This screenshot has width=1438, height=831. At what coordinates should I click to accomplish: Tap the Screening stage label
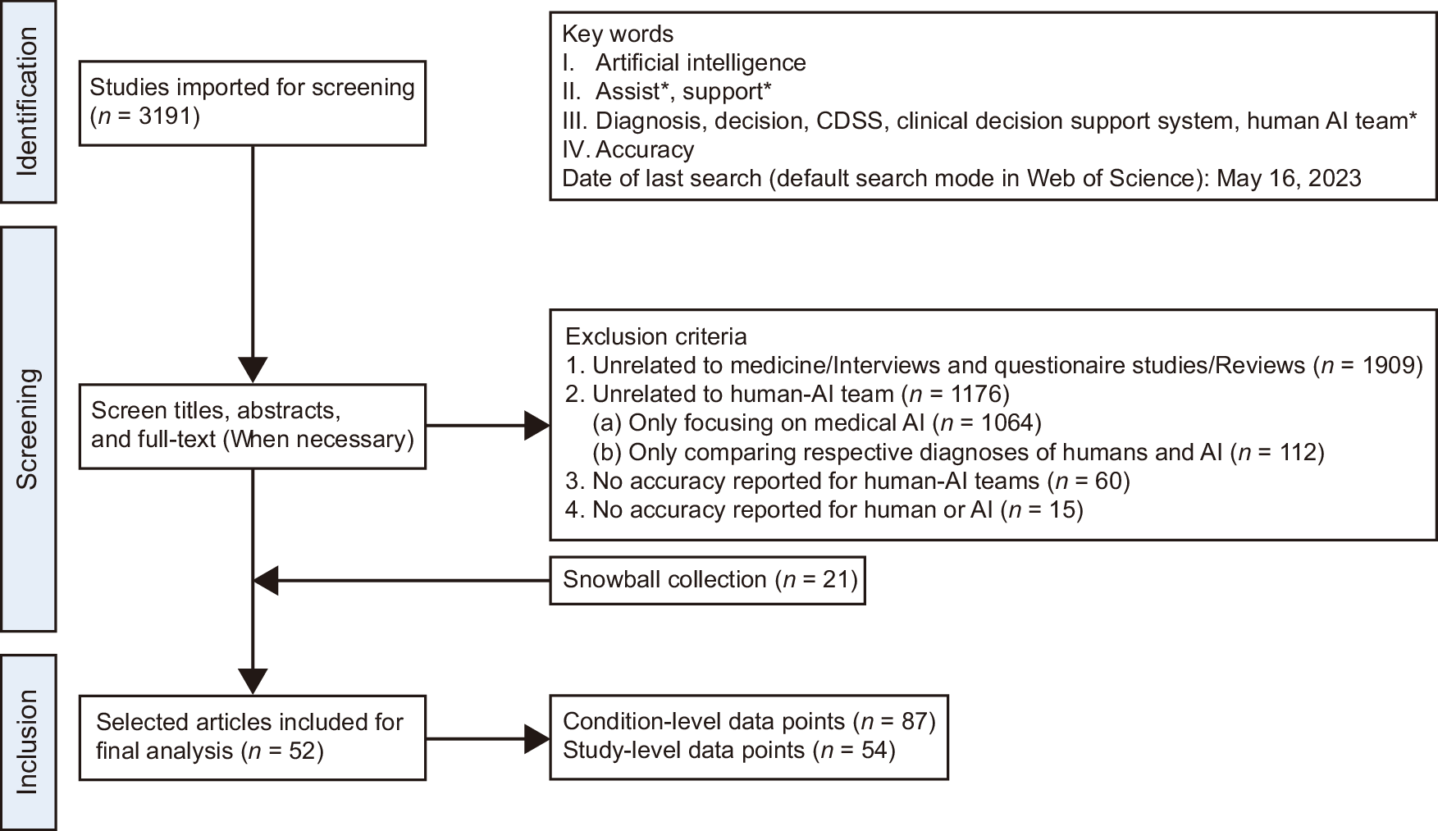pyautogui.click(x=28, y=428)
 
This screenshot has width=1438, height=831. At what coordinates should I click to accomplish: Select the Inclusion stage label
pyautogui.click(x=28, y=742)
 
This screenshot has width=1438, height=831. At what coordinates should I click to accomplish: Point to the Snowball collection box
pyautogui.click(x=707, y=580)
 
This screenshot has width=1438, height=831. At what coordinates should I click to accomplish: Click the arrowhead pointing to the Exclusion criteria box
pyautogui.click(x=537, y=426)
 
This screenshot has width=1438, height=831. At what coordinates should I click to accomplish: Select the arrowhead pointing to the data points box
pyautogui.click(x=537, y=738)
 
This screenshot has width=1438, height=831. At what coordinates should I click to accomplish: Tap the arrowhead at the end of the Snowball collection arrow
pyautogui.click(x=266, y=581)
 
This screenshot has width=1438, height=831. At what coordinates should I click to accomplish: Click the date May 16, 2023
pyautogui.click(x=1289, y=178)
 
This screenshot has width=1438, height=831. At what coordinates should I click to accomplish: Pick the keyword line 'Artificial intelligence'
pyautogui.click(x=700, y=62)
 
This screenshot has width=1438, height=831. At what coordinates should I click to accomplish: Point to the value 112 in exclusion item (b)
pyautogui.click(x=1297, y=452)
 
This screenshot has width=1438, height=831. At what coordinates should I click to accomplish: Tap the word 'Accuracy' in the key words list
pyautogui.click(x=645, y=149)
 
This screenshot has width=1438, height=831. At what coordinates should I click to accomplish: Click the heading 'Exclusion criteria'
pyautogui.click(x=656, y=336)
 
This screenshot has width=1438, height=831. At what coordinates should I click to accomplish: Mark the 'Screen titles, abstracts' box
pyautogui.click(x=253, y=426)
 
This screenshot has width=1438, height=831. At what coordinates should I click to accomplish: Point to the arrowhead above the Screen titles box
pyautogui.click(x=253, y=369)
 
